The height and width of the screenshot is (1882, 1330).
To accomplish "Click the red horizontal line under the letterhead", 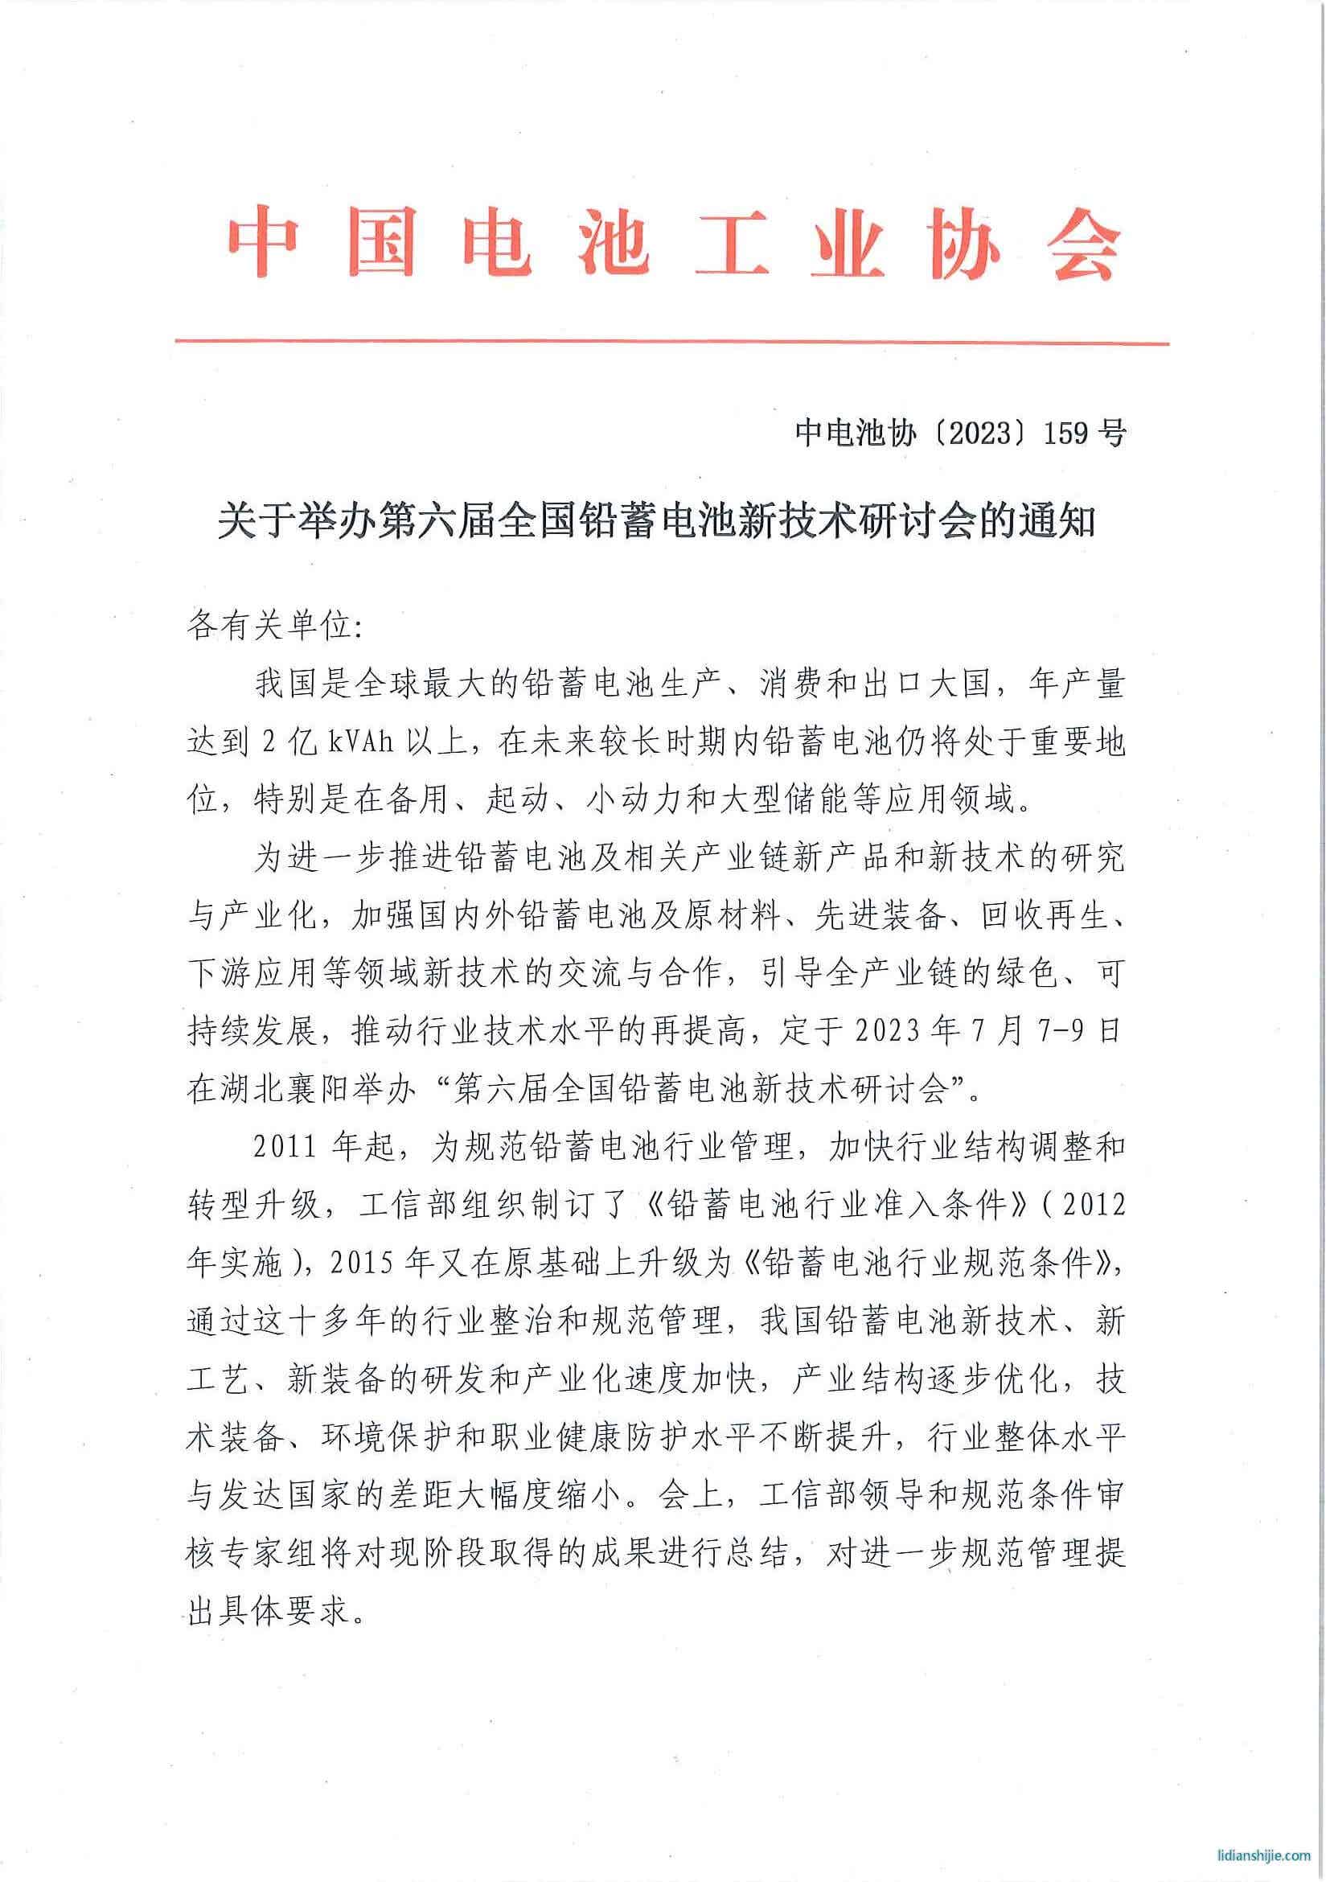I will click(672, 343).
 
